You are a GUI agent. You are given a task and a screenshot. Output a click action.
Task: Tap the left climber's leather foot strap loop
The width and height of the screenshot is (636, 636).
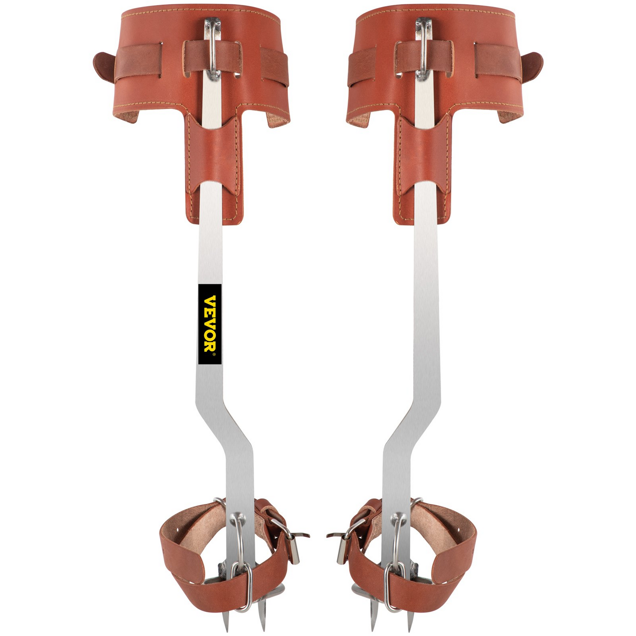coord(185,568)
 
